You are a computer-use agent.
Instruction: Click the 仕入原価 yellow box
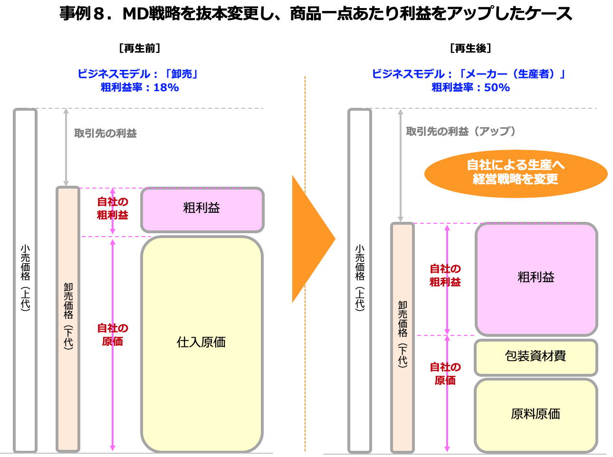point(202,344)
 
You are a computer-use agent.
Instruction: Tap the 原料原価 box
point(536,415)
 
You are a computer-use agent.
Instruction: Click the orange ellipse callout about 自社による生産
point(516,174)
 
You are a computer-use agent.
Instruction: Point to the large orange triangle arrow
point(311,239)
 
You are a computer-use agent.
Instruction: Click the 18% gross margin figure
point(166,88)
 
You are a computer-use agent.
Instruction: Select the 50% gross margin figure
point(497,88)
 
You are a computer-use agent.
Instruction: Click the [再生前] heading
point(140,48)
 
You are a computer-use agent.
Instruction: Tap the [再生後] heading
point(470,48)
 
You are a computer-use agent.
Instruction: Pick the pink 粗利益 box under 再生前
point(202,210)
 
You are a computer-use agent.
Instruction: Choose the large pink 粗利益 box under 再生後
point(536,279)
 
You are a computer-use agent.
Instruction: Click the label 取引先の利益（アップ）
point(460,131)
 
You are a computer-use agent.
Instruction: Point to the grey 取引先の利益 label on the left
point(105,133)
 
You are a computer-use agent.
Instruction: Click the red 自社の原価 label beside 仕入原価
point(113,335)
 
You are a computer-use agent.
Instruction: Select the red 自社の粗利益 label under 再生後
point(445,275)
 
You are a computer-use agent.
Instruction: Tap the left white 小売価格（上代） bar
point(25,280)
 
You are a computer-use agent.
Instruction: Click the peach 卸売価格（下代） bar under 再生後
point(402,337)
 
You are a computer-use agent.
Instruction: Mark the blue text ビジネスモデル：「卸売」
point(138,74)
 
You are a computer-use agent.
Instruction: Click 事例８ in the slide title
point(82,13)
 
